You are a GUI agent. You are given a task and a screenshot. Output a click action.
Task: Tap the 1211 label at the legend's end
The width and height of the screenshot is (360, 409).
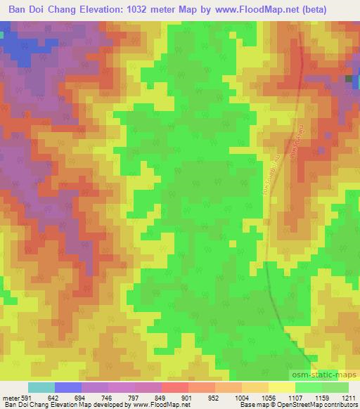pos(349,398)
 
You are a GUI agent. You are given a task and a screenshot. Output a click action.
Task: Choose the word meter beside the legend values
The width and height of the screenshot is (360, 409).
pos(10,398)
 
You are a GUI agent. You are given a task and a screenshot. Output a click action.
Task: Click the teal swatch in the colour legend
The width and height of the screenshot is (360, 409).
pos(41,388)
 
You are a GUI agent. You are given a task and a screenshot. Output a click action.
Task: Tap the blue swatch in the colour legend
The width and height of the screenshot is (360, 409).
pos(68,388)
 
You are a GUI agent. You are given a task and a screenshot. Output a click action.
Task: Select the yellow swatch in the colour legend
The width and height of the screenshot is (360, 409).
pos(281,388)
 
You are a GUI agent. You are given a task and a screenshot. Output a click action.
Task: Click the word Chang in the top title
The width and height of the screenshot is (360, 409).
pos(72,10)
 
